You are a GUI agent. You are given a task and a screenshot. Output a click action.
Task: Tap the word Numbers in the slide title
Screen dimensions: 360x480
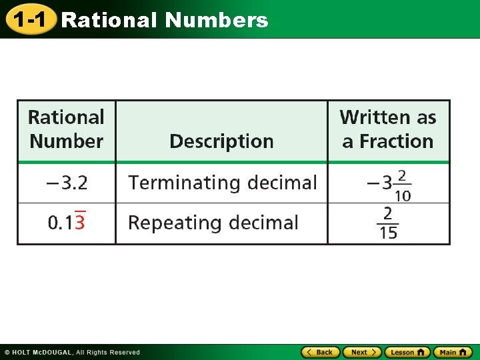point(217,20)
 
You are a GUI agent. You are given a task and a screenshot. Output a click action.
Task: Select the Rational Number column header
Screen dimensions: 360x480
point(66,129)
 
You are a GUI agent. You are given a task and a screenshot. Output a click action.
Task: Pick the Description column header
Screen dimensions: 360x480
point(221,141)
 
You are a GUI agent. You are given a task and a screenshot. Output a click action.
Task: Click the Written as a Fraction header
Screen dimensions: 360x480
point(388,129)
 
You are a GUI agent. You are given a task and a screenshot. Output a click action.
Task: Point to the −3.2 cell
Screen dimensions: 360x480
point(66,182)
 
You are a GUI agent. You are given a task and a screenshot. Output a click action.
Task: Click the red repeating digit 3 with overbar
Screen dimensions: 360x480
point(79,223)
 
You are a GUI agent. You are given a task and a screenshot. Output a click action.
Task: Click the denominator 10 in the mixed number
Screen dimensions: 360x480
point(403,196)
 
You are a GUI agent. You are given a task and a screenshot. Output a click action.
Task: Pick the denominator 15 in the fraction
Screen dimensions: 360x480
point(388,233)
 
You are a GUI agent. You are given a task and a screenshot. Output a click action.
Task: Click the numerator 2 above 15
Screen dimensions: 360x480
point(388,213)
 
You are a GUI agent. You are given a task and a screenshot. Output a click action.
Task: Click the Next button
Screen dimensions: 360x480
point(362,352)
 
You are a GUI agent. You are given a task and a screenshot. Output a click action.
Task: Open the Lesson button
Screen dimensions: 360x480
point(407,352)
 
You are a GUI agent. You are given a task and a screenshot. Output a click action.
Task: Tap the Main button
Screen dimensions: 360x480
point(453,352)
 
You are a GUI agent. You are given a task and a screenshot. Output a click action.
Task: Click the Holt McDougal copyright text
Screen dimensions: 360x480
point(72,352)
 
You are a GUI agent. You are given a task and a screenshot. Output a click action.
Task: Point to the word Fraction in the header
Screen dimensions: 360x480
point(397,141)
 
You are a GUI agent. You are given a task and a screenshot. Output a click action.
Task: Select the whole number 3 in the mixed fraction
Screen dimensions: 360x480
point(387,183)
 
